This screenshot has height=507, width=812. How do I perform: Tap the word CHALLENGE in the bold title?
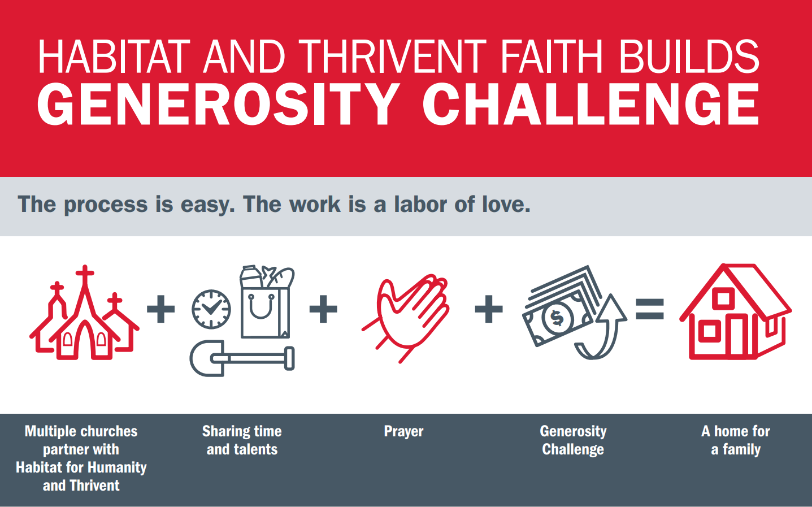click(591, 104)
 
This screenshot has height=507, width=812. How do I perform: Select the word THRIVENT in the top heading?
click(392, 57)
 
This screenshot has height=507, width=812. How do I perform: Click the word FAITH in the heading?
click(552, 57)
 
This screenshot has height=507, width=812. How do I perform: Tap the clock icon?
click(211, 309)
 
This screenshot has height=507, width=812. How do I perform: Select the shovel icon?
click(242, 358)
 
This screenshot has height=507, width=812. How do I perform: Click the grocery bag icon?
click(267, 302)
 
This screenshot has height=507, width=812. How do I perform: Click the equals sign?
click(650, 309)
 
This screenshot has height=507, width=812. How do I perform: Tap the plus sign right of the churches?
click(160, 309)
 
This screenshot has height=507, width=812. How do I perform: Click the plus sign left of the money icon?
click(489, 309)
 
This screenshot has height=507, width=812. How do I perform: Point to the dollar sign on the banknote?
click(557, 318)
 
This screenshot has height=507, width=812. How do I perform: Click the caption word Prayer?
click(403, 432)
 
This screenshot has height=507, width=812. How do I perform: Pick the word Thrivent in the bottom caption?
click(94, 486)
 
